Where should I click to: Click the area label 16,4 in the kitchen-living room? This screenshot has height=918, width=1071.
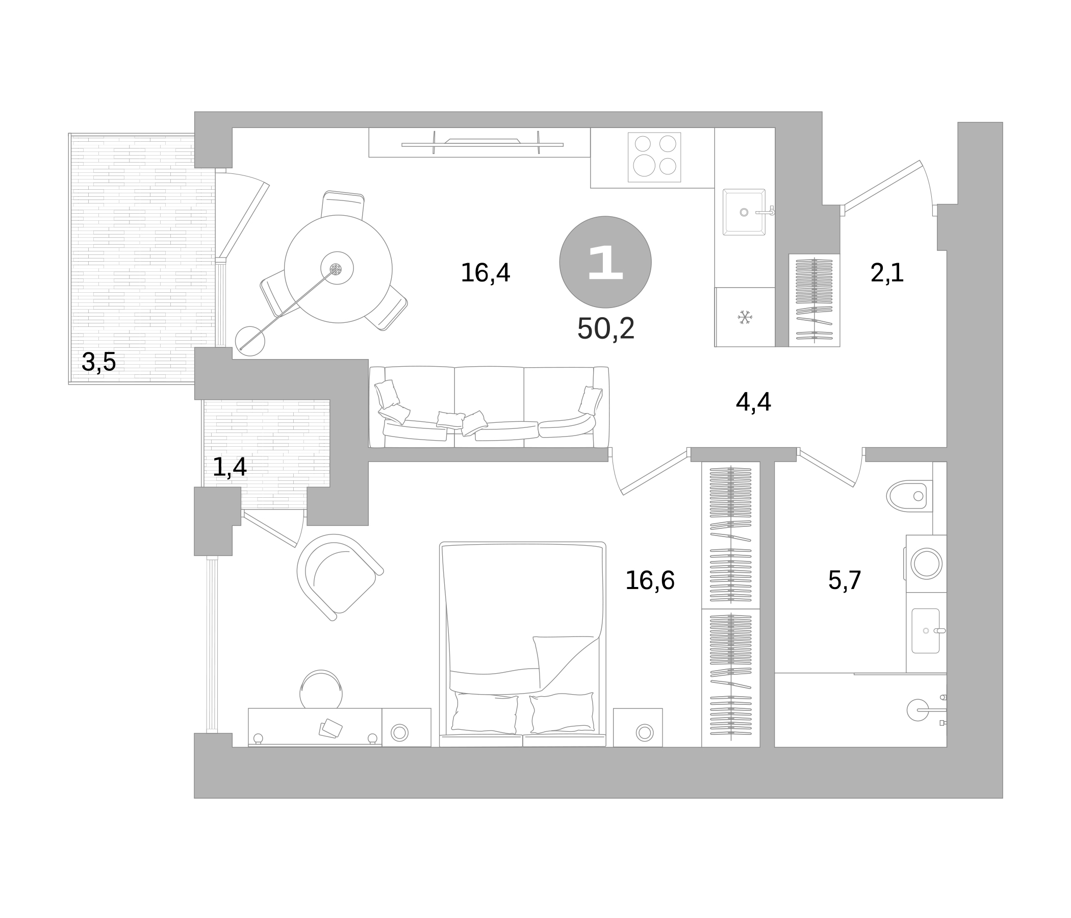pos(485,273)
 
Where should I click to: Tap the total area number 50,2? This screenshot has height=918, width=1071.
pos(605,328)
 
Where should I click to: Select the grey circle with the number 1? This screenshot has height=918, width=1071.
pos(605,262)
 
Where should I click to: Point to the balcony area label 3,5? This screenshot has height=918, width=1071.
pos(99,362)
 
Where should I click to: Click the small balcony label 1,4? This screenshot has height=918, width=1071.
pos(229,467)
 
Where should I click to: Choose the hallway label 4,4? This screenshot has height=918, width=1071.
pos(753,402)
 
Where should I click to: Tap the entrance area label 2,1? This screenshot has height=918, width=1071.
pos(887,273)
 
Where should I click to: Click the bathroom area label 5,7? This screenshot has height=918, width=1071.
pos(845,580)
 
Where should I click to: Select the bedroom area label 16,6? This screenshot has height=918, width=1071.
pos(650,580)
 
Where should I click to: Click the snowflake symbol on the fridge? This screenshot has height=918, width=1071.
pos(745,317)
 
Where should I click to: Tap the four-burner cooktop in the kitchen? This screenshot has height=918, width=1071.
pos(654,157)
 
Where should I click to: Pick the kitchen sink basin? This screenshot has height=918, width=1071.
pos(744,212)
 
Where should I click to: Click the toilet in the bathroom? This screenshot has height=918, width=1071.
pos(909,496)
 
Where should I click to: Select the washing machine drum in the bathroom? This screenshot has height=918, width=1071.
pos(926,564)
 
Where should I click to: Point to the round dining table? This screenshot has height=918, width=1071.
pos(338,269)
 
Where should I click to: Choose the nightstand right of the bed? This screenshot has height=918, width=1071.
pos(638,727)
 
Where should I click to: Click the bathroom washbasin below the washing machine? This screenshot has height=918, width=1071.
pos(925,630)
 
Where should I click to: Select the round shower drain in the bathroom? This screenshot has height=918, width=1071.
pos(917,710)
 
